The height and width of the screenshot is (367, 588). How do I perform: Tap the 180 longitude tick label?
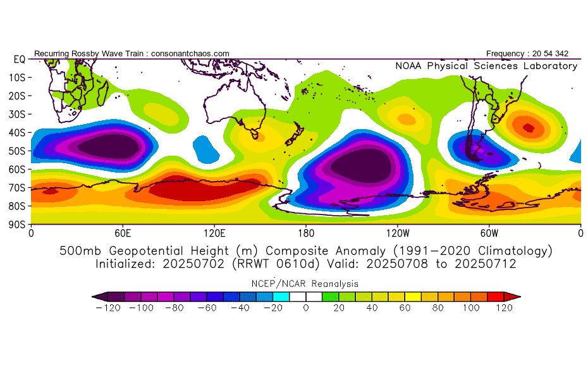pyautogui.click(x=306, y=233)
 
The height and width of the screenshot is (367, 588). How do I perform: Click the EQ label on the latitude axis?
pyautogui.click(x=19, y=59)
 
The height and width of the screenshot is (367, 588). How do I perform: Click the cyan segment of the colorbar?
pyautogui.click(x=281, y=295)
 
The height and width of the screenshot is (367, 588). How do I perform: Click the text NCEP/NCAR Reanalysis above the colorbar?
pyautogui.click(x=305, y=283)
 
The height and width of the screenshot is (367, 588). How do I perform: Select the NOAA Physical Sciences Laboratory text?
pyautogui.click(x=486, y=66)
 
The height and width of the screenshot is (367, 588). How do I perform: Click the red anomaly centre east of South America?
pyautogui.click(x=529, y=128)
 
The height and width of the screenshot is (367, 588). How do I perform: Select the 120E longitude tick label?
pyautogui.click(x=214, y=233)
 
